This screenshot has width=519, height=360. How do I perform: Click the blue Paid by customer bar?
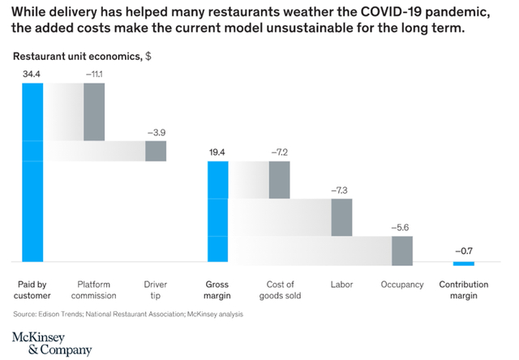(x=32, y=170)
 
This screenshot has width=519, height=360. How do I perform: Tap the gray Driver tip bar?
(x=156, y=151)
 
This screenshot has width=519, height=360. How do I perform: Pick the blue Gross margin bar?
(x=218, y=211)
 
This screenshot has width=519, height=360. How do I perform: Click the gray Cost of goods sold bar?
(x=280, y=179)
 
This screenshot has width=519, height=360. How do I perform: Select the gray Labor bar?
(x=341, y=217)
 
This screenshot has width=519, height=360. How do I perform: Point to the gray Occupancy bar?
(x=403, y=250)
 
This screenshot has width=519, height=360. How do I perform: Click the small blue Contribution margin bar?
(x=463, y=264)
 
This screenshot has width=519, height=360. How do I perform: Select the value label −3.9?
(x=156, y=132)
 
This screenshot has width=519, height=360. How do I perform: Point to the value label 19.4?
(x=218, y=152)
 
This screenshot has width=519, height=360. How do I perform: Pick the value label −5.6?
(x=402, y=228)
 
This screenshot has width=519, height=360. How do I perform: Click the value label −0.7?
(x=463, y=251)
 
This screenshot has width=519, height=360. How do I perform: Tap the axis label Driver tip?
(x=156, y=289)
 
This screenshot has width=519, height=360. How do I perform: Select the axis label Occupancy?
(x=402, y=285)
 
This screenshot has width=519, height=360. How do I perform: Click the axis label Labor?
(x=341, y=285)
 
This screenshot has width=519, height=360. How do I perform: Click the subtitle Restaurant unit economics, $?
(x=81, y=57)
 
